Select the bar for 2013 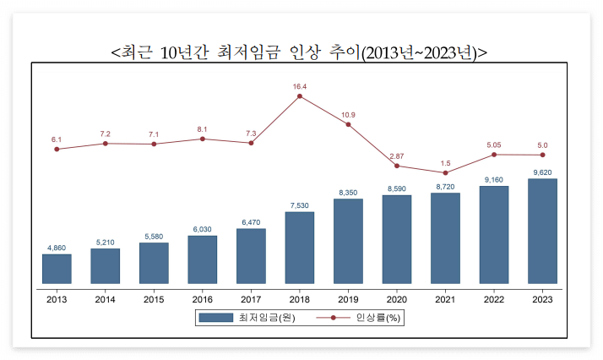[x=57, y=269]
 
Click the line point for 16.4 [x=300, y=96]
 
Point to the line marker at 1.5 [x=445, y=172]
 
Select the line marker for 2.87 [x=397, y=166]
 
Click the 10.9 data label [x=348, y=115]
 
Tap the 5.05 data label [x=494, y=145]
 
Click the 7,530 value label [x=300, y=205]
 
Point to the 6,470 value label [x=251, y=221]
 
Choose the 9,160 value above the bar [x=494, y=179]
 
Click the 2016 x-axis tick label [x=203, y=298]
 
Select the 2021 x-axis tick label [x=445, y=298]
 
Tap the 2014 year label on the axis [x=106, y=298]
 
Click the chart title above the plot [x=300, y=52]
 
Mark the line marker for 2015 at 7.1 [x=154, y=145]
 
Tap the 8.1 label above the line [x=203, y=129]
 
